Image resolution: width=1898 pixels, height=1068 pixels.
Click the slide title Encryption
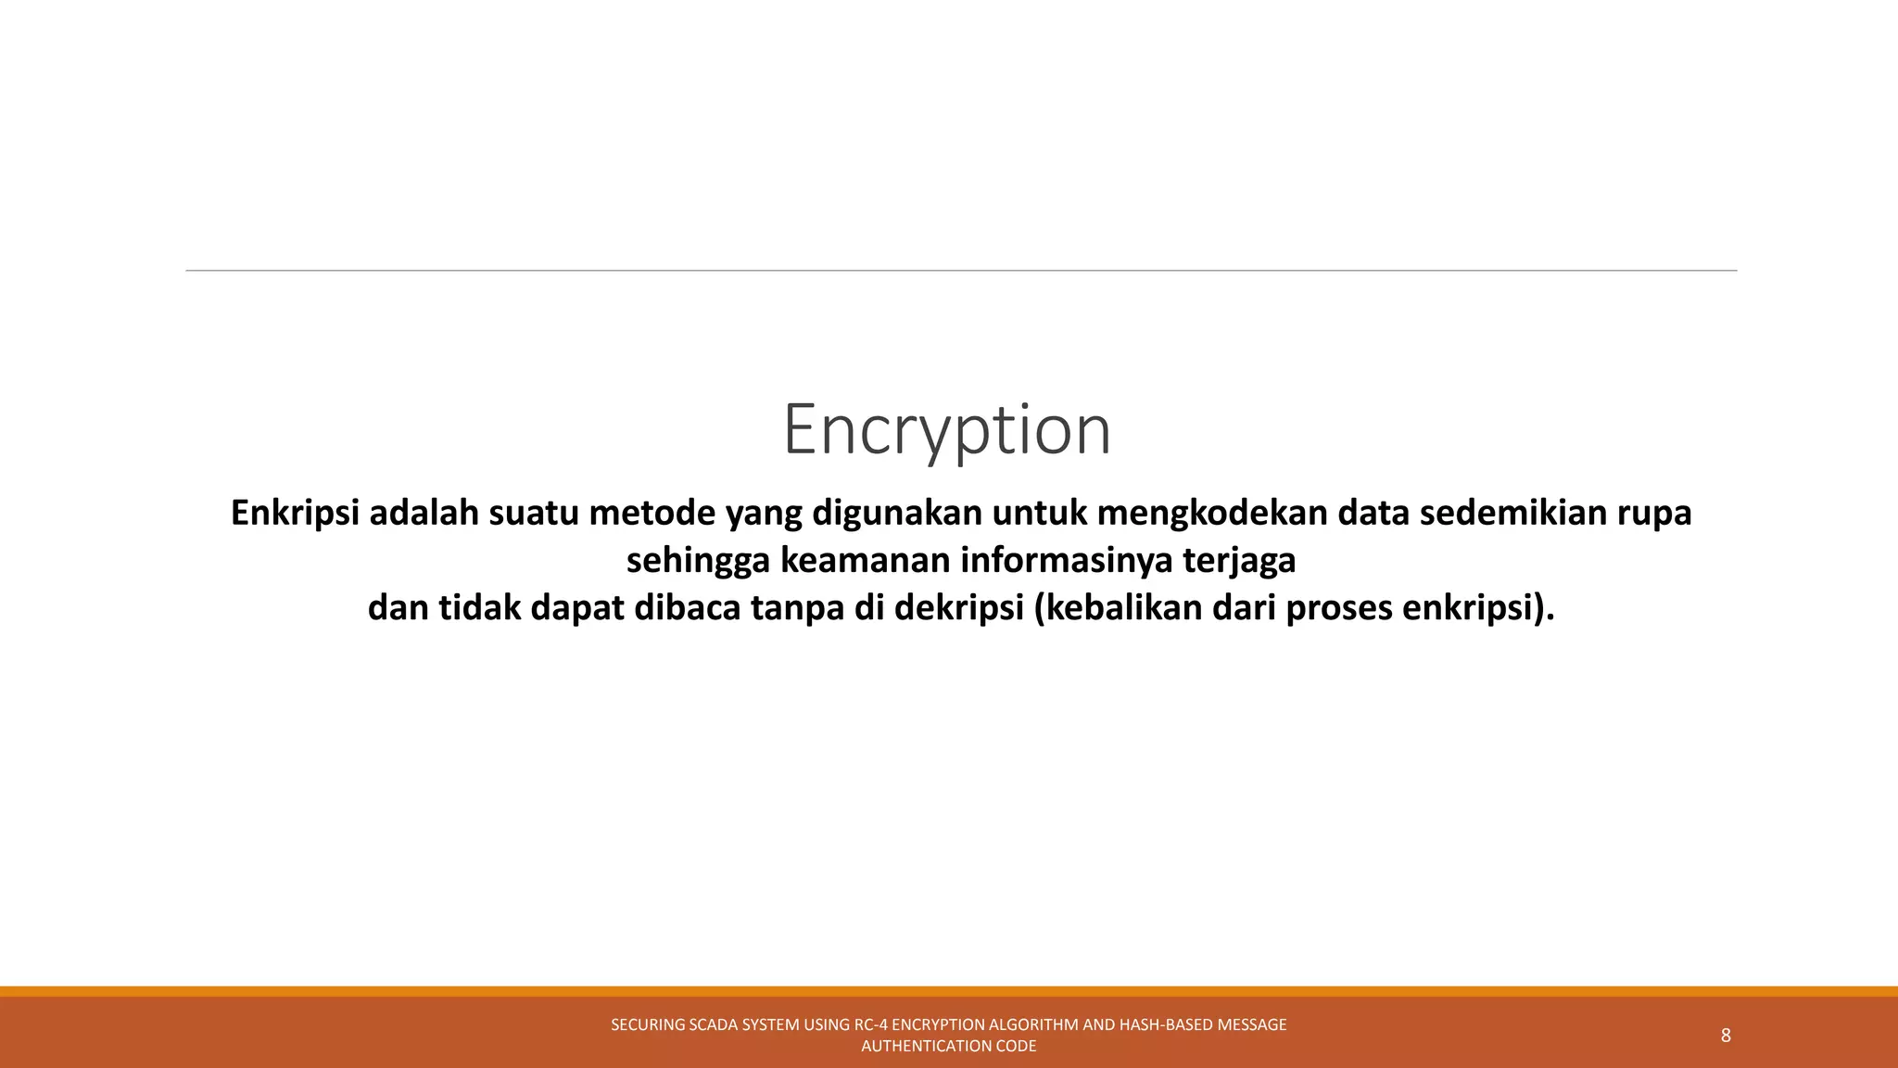(946, 429)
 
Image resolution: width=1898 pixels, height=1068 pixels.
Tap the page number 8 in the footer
(1726, 1036)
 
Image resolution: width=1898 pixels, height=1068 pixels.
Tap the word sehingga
(698, 561)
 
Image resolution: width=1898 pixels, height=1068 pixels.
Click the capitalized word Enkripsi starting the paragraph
(295, 514)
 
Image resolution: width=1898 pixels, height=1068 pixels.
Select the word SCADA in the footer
(714, 1024)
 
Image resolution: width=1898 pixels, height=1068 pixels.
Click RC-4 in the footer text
(870, 1024)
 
